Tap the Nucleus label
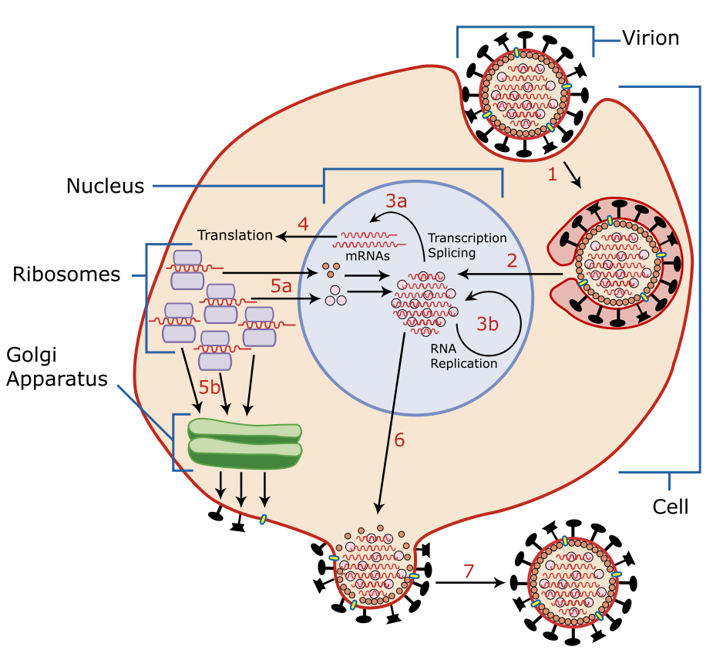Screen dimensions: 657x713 [x=105, y=186]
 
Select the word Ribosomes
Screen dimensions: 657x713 [x=66, y=275]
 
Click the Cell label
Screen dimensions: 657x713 [x=670, y=507]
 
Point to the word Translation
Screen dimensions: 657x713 [x=235, y=235]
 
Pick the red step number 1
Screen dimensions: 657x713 [x=552, y=175]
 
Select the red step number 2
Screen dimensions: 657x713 [x=512, y=260]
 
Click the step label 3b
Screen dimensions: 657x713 [x=487, y=324]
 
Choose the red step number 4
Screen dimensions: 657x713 [x=303, y=225]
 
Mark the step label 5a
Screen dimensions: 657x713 [x=281, y=286]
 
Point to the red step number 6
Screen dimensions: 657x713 [x=399, y=440]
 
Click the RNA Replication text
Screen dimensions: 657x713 [x=463, y=355]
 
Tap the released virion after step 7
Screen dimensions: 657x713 [x=571, y=582]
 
